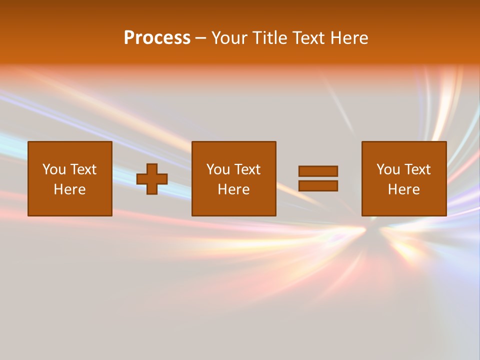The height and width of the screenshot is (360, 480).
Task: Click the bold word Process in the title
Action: pyautogui.click(x=157, y=38)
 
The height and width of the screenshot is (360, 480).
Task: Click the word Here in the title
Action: pyautogui.click(x=348, y=38)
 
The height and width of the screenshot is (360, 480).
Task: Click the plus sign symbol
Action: pyautogui.click(x=152, y=179)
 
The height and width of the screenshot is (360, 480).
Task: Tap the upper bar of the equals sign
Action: pyautogui.click(x=318, y=171)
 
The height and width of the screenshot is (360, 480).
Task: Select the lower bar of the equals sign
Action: pyautogui.click(x=318, y=185)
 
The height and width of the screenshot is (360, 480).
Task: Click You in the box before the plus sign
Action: pyautogui.click(x=54, y=169)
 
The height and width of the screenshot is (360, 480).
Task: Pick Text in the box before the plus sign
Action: pyautogui.click(x=83, y=169)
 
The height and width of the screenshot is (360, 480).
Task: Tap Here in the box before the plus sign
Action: pyautogui.click(x=69, y=189)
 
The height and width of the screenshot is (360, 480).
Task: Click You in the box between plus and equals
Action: pyautogui.click(x=218, y=169)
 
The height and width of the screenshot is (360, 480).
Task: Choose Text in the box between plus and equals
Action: pyautogui.click(x=247, y=169)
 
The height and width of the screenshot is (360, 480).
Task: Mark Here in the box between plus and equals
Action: pyautogui.click(x=233, y=189)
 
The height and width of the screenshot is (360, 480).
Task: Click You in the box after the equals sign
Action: pyautogui.click(x=388, y=169)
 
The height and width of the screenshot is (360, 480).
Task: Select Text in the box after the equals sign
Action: pyautogui.click(x=417, y=169)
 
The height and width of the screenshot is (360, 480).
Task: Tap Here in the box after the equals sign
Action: pyautogui.click(x=403, y=189)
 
